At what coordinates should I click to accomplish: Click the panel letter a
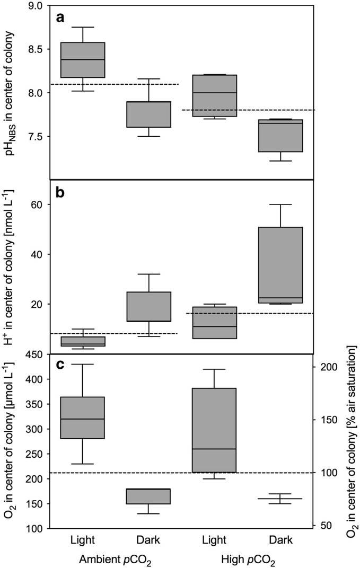pyautogui.click(x=61, y=18)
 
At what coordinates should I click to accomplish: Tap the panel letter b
pyautogui.click(x=62, y=193)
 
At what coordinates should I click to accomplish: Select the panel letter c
pyautogui.click(x=61, y=366)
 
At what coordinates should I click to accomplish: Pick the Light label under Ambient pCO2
pyautogui.click(x=83, y=540)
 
